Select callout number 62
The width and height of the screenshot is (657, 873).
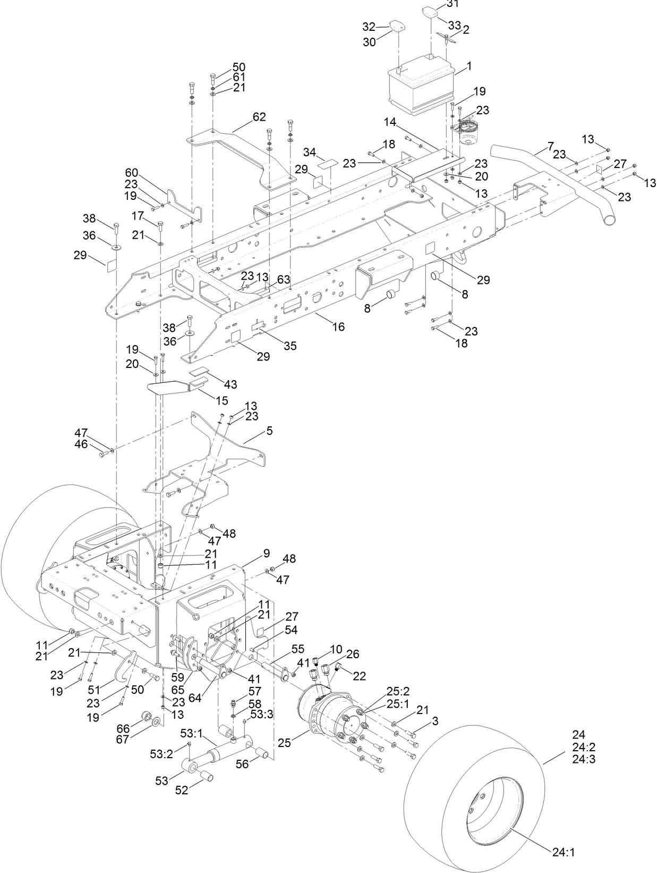pyautogui.click(x=259, y=117)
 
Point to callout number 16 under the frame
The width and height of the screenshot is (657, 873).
pyautogui.click(x=338, y=326)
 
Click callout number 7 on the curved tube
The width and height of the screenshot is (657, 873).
pyautogui.click(x=550, y=145)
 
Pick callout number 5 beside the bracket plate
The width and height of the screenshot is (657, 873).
pyautogui.click(x=269, y=431)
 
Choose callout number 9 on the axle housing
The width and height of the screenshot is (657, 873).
pyautogui.click(x=266, y=553)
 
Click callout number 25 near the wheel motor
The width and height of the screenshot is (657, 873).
pyautogui.click(x=285, y=742)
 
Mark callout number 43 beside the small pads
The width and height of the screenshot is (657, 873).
pyautogui.click(x=231, y=384)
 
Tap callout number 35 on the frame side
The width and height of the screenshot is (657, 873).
pyautogui.click(x=289, y=346)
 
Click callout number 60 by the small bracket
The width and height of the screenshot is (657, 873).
pyautogui.click(x=131, y=172)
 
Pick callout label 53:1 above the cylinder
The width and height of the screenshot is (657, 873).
pyautogui.click(x=191, y=734)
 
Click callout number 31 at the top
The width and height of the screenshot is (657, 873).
pyautogui.click(x=453, y=4)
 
